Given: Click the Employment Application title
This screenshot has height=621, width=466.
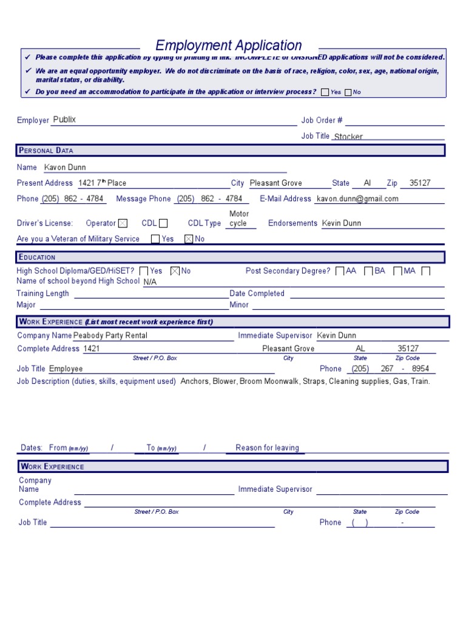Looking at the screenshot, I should [x=229, y=45].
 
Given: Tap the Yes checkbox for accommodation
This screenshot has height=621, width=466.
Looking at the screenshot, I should [x=325, y=92].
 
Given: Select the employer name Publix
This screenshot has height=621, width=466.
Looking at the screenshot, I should [x=65, y=119].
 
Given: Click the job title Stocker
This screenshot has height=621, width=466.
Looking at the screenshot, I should [x=348, y=137].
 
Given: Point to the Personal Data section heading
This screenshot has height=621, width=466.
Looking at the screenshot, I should [x=46, y=150].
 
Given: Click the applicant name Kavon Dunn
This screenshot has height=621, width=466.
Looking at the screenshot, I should [x=66, y=167].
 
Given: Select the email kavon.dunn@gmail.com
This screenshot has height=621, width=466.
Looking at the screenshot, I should [x=357, y=199].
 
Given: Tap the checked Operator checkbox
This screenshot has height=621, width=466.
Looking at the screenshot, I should [x=123, y=224].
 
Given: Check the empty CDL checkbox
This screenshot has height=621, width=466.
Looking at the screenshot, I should [x=163, y=224].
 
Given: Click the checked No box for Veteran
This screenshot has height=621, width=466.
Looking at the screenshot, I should [x=188, y=239].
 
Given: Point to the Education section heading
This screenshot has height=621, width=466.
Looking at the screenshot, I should [x=37, y=257].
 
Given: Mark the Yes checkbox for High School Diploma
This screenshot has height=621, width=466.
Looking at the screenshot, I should [x=144, y=271].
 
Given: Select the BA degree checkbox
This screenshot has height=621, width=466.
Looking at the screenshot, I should [x=368, y=271].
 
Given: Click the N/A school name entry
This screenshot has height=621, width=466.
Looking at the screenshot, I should [x=150, y=282].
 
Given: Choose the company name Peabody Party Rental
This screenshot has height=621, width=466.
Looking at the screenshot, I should [x=110, y=335].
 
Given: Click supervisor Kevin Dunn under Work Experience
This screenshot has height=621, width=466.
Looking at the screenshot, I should [x=337, y=335].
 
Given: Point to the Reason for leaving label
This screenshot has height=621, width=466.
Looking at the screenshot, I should [x=267, y=448].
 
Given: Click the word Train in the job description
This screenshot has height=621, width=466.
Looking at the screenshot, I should [x=419, y=381].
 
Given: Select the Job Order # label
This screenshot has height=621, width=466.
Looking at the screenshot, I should [x=322, y=120].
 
